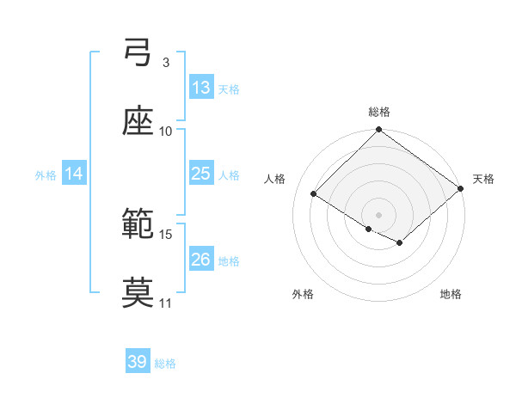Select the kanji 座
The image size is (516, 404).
click(x=138, y=122)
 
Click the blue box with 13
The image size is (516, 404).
click(x=201, y=88)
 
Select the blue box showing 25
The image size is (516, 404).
click(x=201, y=174)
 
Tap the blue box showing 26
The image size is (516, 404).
click(x=201, y=260)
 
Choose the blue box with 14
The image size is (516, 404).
click(x=74, y=174)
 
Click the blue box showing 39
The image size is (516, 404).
click(x=138, y=362)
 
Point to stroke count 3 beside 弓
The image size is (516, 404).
click(x=165, y=63)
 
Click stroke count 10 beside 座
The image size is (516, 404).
click(x=166, y=131)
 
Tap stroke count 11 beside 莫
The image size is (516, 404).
click(x=166, y=303)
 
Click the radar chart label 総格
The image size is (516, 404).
click(x=379, y=112)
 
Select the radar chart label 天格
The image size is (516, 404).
click(x=483, y=179)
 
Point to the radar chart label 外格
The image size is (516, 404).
click(x=303, y=294)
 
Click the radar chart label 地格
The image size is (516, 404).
click(x=451, y=294)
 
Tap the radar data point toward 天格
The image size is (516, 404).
click(x=460, y=189)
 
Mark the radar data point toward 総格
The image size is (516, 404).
click(x=379, y=131)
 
